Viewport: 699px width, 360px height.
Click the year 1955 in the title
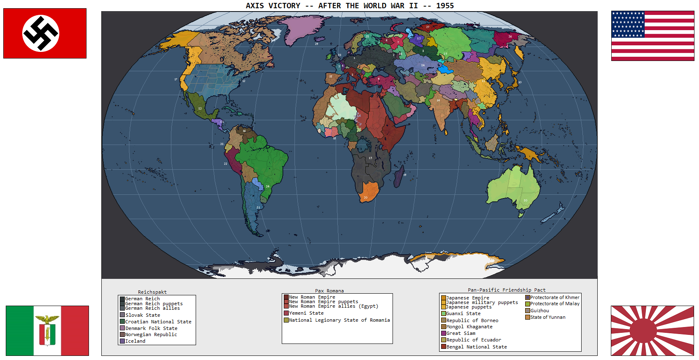[445, 6]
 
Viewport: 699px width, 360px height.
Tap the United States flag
[652, 36]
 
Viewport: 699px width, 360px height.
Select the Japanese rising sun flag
[652, 330]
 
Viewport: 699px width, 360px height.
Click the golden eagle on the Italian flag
[47, 319]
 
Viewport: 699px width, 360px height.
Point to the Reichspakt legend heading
[152, 292]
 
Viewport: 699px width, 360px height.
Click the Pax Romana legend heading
[329, 291]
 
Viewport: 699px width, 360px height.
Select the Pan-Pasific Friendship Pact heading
[506, 290]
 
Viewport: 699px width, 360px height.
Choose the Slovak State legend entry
[143, 315]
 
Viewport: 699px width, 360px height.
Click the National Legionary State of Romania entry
[339, 320]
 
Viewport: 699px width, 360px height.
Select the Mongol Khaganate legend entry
[469, 327]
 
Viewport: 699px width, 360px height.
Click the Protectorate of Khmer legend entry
[554, 297]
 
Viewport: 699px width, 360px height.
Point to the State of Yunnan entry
[547, 317]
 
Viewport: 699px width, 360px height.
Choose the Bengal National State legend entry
[476, 347]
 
